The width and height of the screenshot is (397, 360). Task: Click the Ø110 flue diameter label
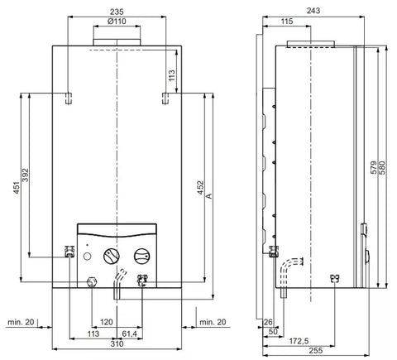click(117, 22)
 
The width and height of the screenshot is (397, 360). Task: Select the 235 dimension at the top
click(117, 12)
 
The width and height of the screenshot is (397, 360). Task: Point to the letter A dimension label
click(209, 196)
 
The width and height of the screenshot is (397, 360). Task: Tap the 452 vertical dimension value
click(201, 187)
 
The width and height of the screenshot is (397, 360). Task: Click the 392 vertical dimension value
click(25, 175)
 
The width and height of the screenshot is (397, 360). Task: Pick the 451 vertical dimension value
click(17, 188)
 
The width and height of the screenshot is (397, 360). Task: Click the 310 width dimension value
click(117, 344)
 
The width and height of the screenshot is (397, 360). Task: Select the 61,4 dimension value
click(129, 334)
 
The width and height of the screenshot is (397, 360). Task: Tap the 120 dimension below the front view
click(106, 322)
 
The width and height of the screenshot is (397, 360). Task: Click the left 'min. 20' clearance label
click(21, 322)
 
